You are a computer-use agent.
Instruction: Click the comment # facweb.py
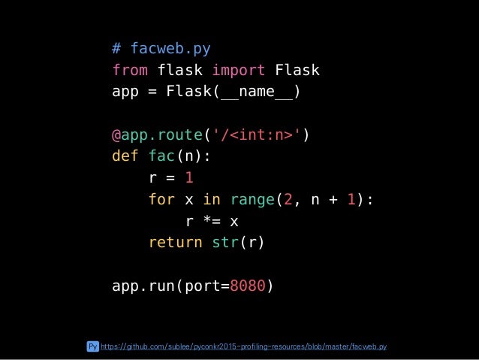pyautogui.click(x=161, y=49)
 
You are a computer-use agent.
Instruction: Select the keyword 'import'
pyautogui.click(x=238, y=71)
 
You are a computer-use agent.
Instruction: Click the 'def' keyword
pyautogui.click(x=125, y=157)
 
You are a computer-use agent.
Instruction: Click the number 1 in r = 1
pyautogui.click(x=189, y=179)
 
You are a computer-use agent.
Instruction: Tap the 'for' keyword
pyautogui.click(x=161, y=200)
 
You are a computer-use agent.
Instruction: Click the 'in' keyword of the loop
pyautogui.click(x=212, y=200)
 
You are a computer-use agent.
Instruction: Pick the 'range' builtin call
pyautogui.click(x=252, y=200)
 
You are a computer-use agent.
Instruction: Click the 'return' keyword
pyautogui.click(x=175, y=243)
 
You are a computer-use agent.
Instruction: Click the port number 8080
pyautogui.click(x=249, y=286)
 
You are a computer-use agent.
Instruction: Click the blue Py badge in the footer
pyautogui.click(x=92, y=346)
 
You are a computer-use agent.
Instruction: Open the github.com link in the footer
pyautogui.click(x=243, y=346)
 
